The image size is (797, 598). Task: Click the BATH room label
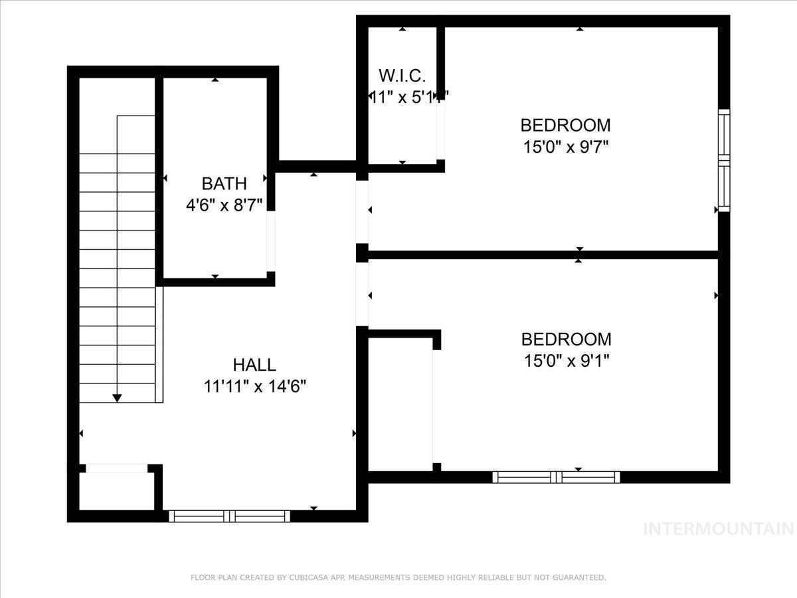pos(224,183)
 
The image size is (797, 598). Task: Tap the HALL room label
pos(254,365)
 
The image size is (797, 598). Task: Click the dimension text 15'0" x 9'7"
pos(565,146)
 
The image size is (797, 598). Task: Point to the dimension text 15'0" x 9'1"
pos(565,361)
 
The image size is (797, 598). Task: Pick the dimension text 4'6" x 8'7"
pos(224,205)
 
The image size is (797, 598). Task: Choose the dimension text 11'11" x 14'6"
pos(254,386)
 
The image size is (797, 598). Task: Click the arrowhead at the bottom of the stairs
pos(117,397)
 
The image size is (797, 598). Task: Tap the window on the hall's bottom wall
pos(229,516)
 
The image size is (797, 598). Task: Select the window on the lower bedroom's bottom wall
pos(556,476)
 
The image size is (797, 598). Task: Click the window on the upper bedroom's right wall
pos(724,161)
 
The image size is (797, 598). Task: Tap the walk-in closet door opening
pos(440,130)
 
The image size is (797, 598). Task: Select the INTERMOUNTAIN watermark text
pos(719,529)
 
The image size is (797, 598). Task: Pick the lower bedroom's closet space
pos(400,404)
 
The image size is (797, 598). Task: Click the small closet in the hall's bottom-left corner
pos(116,492)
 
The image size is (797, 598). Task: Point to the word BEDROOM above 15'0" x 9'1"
pos(565,340)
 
